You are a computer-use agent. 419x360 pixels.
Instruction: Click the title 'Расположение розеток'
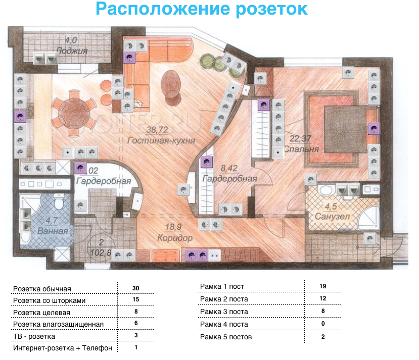[201, 10]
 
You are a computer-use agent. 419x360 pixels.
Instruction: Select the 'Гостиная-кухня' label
[161, 140]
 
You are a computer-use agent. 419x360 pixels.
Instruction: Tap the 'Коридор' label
[174, 237]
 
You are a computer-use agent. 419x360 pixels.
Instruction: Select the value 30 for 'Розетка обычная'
[135, 288]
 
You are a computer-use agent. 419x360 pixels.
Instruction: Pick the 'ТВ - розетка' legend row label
[34, 336]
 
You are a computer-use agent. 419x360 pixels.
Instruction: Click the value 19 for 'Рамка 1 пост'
[322, 286]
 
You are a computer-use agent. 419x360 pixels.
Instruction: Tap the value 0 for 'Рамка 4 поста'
[322, 324]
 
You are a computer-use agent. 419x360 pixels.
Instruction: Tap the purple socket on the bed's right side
[373, 129]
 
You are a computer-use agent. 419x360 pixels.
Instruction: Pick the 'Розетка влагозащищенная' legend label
[58, 324]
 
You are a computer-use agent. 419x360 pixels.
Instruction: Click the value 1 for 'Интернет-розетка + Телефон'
[135, 347]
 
